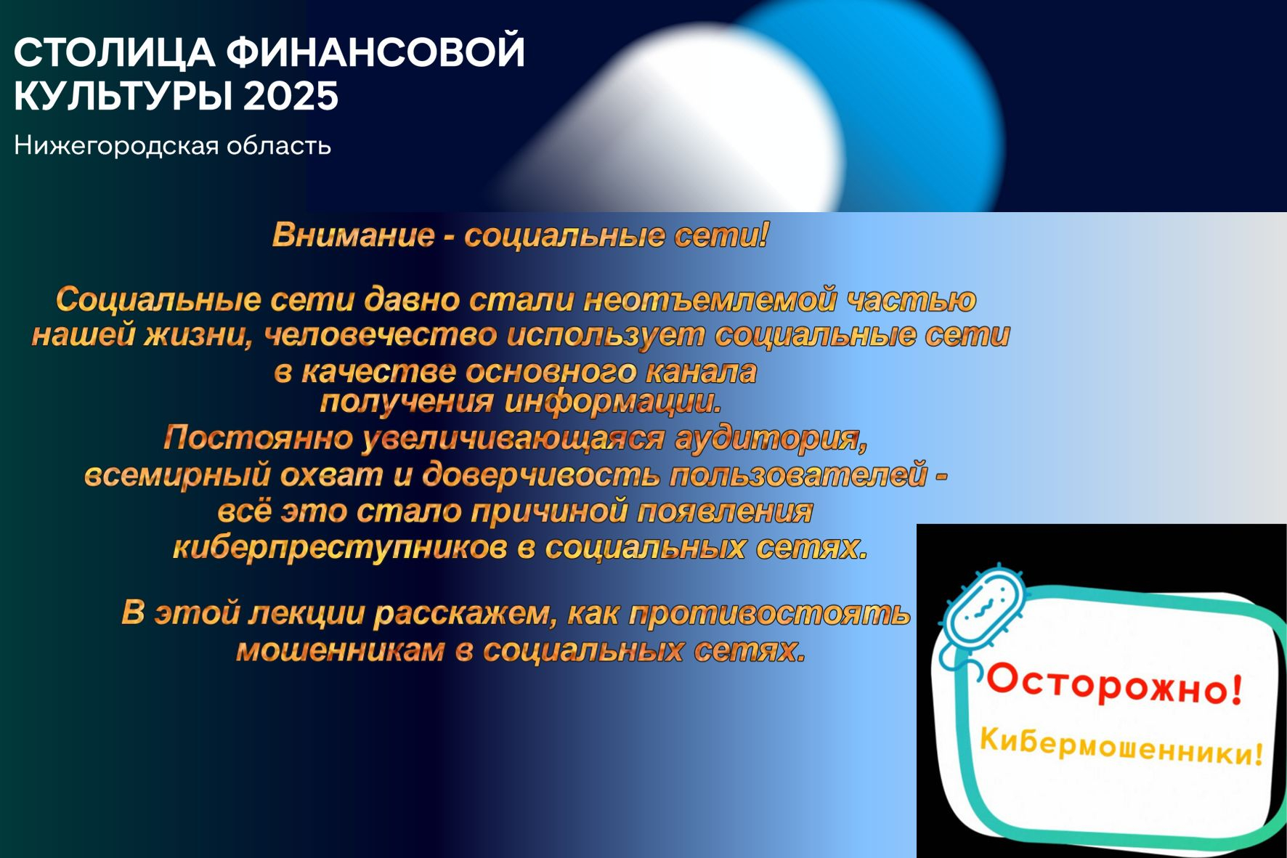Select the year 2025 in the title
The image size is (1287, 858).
[291, 95]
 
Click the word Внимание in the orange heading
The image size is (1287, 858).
[353, 235]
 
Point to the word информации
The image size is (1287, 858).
[613, 402]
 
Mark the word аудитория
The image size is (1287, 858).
[771, 439]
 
